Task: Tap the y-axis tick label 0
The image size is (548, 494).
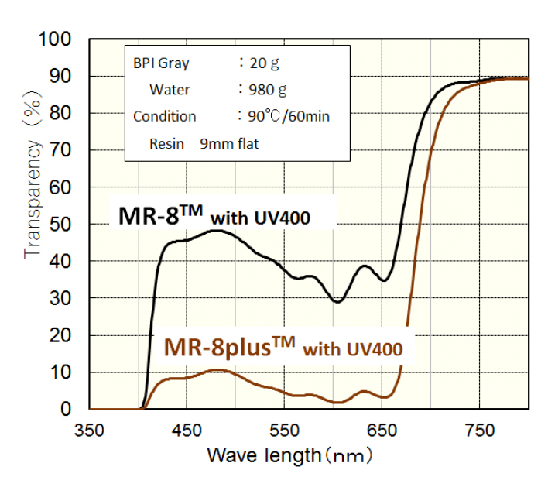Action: (68, 409)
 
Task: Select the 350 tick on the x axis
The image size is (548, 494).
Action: (89, 431)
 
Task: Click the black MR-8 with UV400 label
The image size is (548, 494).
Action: (214, 217)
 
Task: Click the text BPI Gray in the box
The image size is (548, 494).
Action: (161, 63)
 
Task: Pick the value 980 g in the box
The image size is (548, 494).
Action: (271, 90)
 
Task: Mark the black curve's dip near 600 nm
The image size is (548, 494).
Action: (337, 301)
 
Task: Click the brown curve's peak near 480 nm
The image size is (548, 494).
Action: (219, 370)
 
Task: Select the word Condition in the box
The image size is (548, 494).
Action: (164, 116)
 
